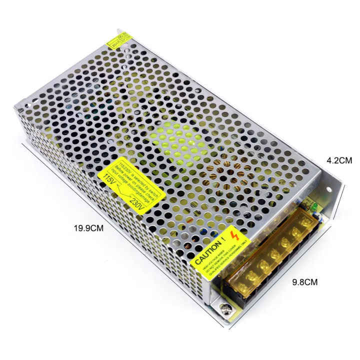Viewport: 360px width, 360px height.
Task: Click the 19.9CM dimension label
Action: [89, 228]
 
